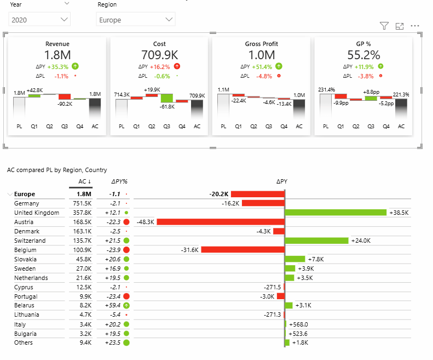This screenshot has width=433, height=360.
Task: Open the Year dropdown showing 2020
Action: point(40,20)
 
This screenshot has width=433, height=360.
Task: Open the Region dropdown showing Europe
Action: point(135,20)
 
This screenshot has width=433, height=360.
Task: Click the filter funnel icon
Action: point(384,26)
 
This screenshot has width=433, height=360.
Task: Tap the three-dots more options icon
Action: point(414,26)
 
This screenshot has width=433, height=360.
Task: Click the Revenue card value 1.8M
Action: point(57,55)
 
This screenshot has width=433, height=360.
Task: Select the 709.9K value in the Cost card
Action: point(159,55)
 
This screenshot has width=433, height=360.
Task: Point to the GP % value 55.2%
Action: point(363,55)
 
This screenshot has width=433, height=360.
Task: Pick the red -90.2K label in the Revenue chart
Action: point(65,104)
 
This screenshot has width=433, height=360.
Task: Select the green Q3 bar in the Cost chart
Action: point(166,98)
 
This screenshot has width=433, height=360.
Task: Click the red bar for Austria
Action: point(221,222)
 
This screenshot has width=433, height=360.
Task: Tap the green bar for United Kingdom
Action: point(336,213)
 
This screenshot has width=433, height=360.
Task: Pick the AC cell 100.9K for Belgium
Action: point(82,250)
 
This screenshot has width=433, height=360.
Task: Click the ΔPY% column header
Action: point(119,181)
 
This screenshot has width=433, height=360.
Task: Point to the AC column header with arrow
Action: point(83,181)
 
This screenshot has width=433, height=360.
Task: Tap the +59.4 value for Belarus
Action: point(113,306)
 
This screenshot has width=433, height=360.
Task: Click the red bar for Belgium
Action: point(243,250)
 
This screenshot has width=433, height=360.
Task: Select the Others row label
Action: point(24,343)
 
